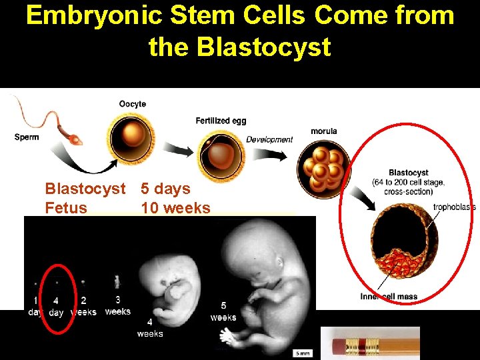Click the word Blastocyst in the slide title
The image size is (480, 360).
tap(239, 47)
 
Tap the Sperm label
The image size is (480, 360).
tap(27, 137)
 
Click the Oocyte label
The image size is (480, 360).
tap(133, 103)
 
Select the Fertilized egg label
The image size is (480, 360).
tap(221, 121)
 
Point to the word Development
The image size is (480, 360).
tap(269, 139)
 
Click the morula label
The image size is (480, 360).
tap(323, 131)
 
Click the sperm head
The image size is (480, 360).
tap(77, 141)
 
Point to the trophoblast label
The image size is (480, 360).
tap(454, 207)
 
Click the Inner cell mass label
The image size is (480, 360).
tap(389, 297)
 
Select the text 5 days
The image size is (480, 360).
tap(165, 189)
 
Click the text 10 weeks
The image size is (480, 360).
tap(175, 208)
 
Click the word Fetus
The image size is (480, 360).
tap(66, 208)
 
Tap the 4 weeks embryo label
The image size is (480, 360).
tap(150, 328)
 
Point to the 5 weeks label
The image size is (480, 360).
tap(223, 311)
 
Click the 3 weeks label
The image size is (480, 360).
tap(118, 306)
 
